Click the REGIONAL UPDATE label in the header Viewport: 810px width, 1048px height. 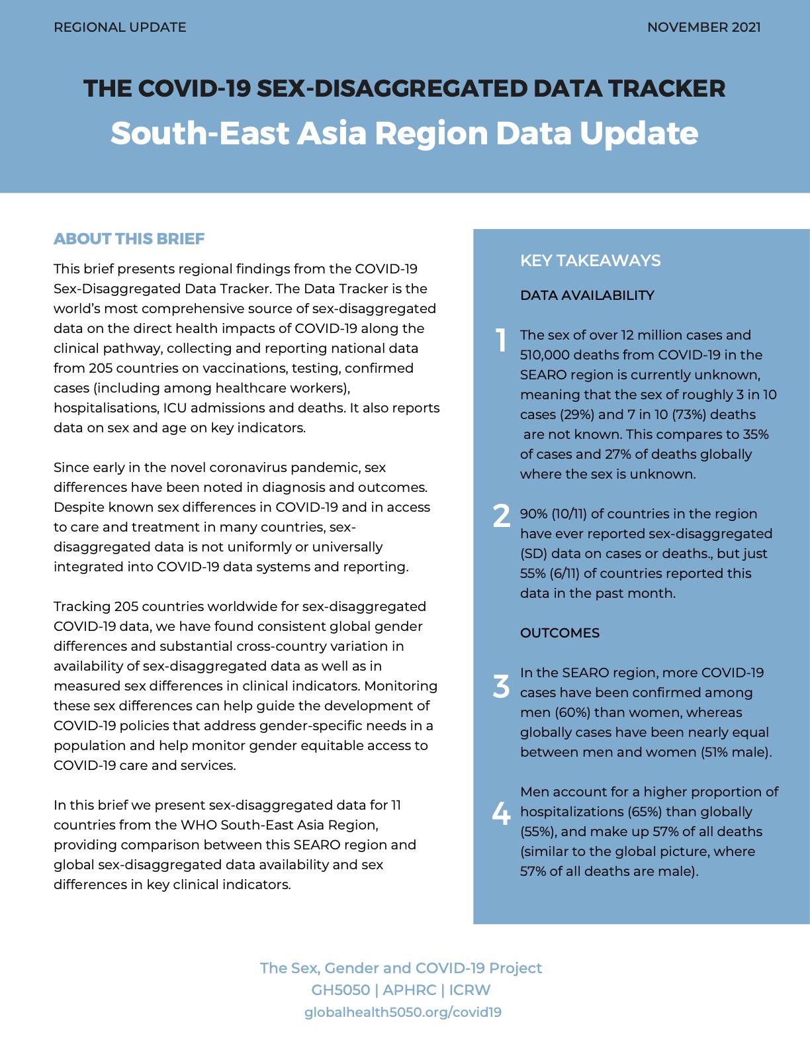[x=120, y=28]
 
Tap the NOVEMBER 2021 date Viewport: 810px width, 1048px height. [x=703, y=28]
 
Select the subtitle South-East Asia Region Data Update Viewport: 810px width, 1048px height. [x=404, y=133]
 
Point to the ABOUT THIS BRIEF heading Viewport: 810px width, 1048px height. [x=129, y=239]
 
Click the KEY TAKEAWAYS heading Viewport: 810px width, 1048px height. [x=590, y=261]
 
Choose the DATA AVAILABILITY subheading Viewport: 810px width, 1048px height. [x=587, y=295]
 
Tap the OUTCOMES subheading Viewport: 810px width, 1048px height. [x=560, y=633]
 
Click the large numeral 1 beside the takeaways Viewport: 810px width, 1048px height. [x=502, y=340]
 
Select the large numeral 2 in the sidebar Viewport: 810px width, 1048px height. [x=502, y=516]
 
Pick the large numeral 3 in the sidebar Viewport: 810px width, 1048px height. [x=502, y=687]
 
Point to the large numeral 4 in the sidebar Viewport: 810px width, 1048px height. [x=502, y=812]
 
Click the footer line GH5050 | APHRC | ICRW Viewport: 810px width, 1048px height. [x=401, y=990]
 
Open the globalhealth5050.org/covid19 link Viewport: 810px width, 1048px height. [x=403, y=1012]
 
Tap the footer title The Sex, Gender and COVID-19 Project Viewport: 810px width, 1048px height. [x=401, y=968]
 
